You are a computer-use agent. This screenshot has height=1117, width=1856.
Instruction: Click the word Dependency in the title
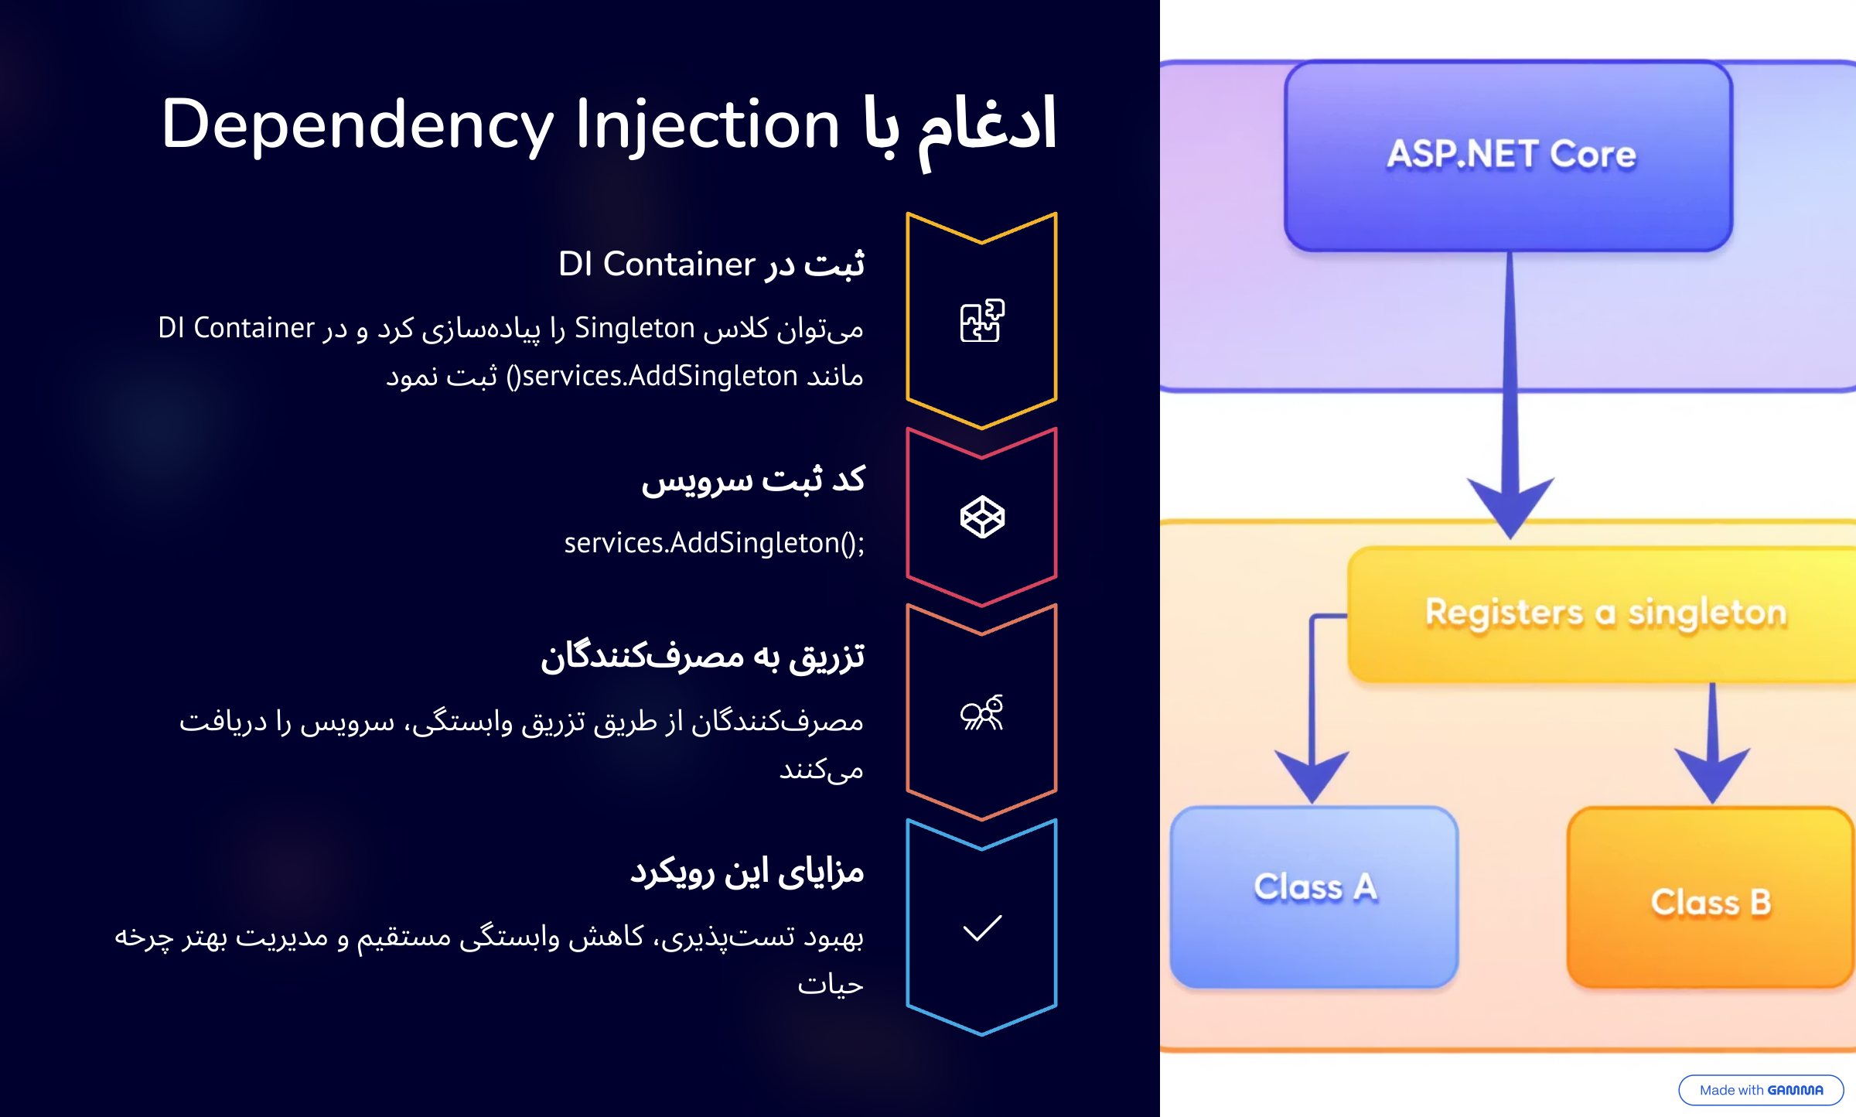(x=357, y=125)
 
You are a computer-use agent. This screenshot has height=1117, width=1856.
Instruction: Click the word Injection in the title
(x=707, y=125)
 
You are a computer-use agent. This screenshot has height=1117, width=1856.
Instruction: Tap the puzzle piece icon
(x=981, y=320)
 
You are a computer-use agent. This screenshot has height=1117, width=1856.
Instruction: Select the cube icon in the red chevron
(x=981, y=517)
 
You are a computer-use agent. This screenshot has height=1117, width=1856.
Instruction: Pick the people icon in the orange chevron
(x=981, y=713)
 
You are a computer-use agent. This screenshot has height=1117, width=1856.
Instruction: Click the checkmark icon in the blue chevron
(x=981, y=927)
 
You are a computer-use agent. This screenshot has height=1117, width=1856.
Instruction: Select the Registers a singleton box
(x=1605, y=613)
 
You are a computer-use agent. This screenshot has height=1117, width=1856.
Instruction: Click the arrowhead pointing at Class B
(x=1712, y=775)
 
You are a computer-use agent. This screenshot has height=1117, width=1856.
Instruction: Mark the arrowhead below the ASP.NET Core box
(x=1510, y=507)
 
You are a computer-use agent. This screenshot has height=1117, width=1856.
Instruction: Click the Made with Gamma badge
(x=1761, y=1090)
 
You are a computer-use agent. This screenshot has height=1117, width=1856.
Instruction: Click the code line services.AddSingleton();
(x=714, y=543)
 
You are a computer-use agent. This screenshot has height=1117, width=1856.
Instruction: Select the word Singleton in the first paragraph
(x=634, y=328)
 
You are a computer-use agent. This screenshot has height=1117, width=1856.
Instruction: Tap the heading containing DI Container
(x=711, y=265)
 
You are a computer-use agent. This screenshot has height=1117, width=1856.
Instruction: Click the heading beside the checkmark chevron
(x=746, y=872)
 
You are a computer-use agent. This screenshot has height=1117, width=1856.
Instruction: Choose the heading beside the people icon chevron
(x=702, y=657)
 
